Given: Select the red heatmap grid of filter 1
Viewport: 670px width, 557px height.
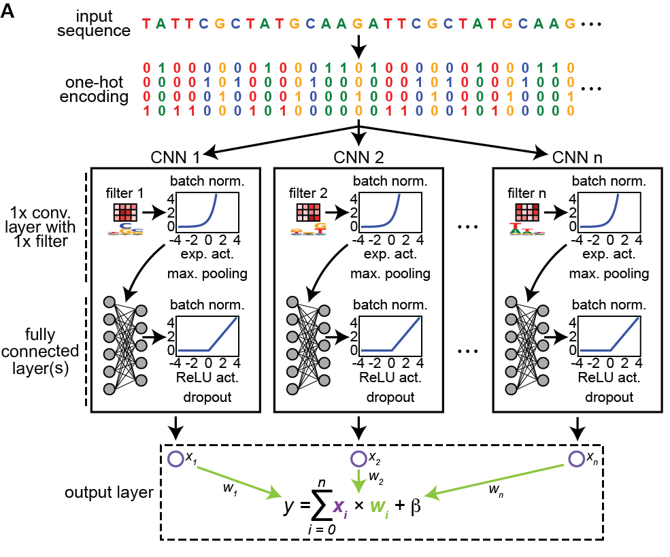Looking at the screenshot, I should (x=126, y=213).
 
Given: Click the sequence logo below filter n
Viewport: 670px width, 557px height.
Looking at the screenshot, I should (x=526, y=230).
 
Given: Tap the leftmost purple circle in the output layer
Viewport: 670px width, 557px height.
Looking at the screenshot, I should (x=175, y=459).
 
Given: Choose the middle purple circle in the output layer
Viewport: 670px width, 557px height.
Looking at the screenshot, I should (x=358, y=459).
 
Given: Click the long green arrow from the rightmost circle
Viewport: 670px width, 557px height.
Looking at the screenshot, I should (x=497, y=480).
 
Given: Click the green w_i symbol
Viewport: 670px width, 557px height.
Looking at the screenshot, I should (x=379, y=507).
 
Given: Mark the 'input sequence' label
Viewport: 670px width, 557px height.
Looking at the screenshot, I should (x=103, y=23).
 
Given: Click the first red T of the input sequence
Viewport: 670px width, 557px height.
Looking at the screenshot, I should (x=146, y=24).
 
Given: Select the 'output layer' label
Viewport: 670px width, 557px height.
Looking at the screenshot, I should (x=109, y=492).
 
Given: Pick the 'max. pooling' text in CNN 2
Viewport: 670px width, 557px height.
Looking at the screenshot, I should (x=390, y=274).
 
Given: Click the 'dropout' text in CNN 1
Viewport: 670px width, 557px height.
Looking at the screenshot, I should (x=207, y=397).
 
